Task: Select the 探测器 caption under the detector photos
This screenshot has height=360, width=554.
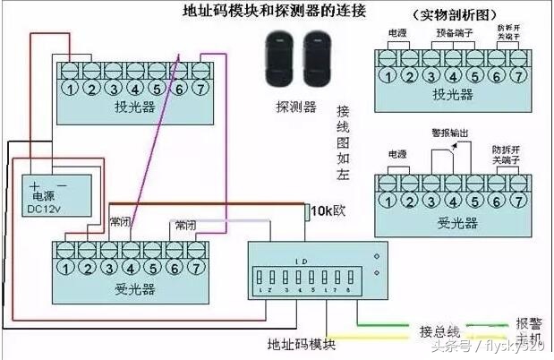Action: tap(296, 107)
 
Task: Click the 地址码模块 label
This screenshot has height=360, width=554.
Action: tap(301, 344)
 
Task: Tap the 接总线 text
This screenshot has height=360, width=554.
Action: tap(439, 330)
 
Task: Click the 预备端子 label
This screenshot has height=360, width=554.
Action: tap(454, 32)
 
